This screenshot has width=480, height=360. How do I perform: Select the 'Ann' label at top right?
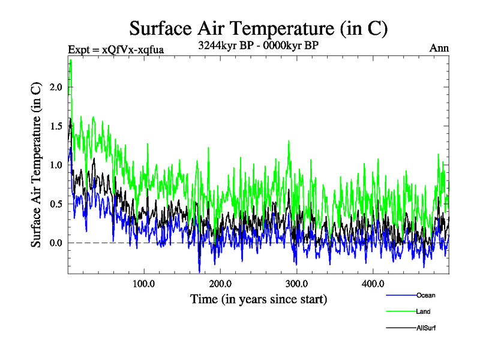click(x=439, y=48)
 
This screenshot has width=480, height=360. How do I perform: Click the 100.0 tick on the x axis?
click(x=144, y=283)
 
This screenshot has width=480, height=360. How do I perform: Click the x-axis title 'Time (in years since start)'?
click(x=259, y=298)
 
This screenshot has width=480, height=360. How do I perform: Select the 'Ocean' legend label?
click(x=425, y=295)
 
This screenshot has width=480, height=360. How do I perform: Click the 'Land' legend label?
click(x=423, y=311)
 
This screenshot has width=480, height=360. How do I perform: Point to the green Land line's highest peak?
click(x=71, y=60)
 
